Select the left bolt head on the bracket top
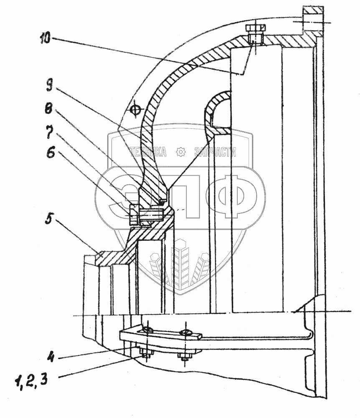pyautogui.click(x=147, y=330)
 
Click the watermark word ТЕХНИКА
pyautogui.click(x=148, y=152)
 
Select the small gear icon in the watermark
pyautogui.click(x=181, y=152)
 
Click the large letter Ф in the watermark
pyautogui.click(x=229, y=196)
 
